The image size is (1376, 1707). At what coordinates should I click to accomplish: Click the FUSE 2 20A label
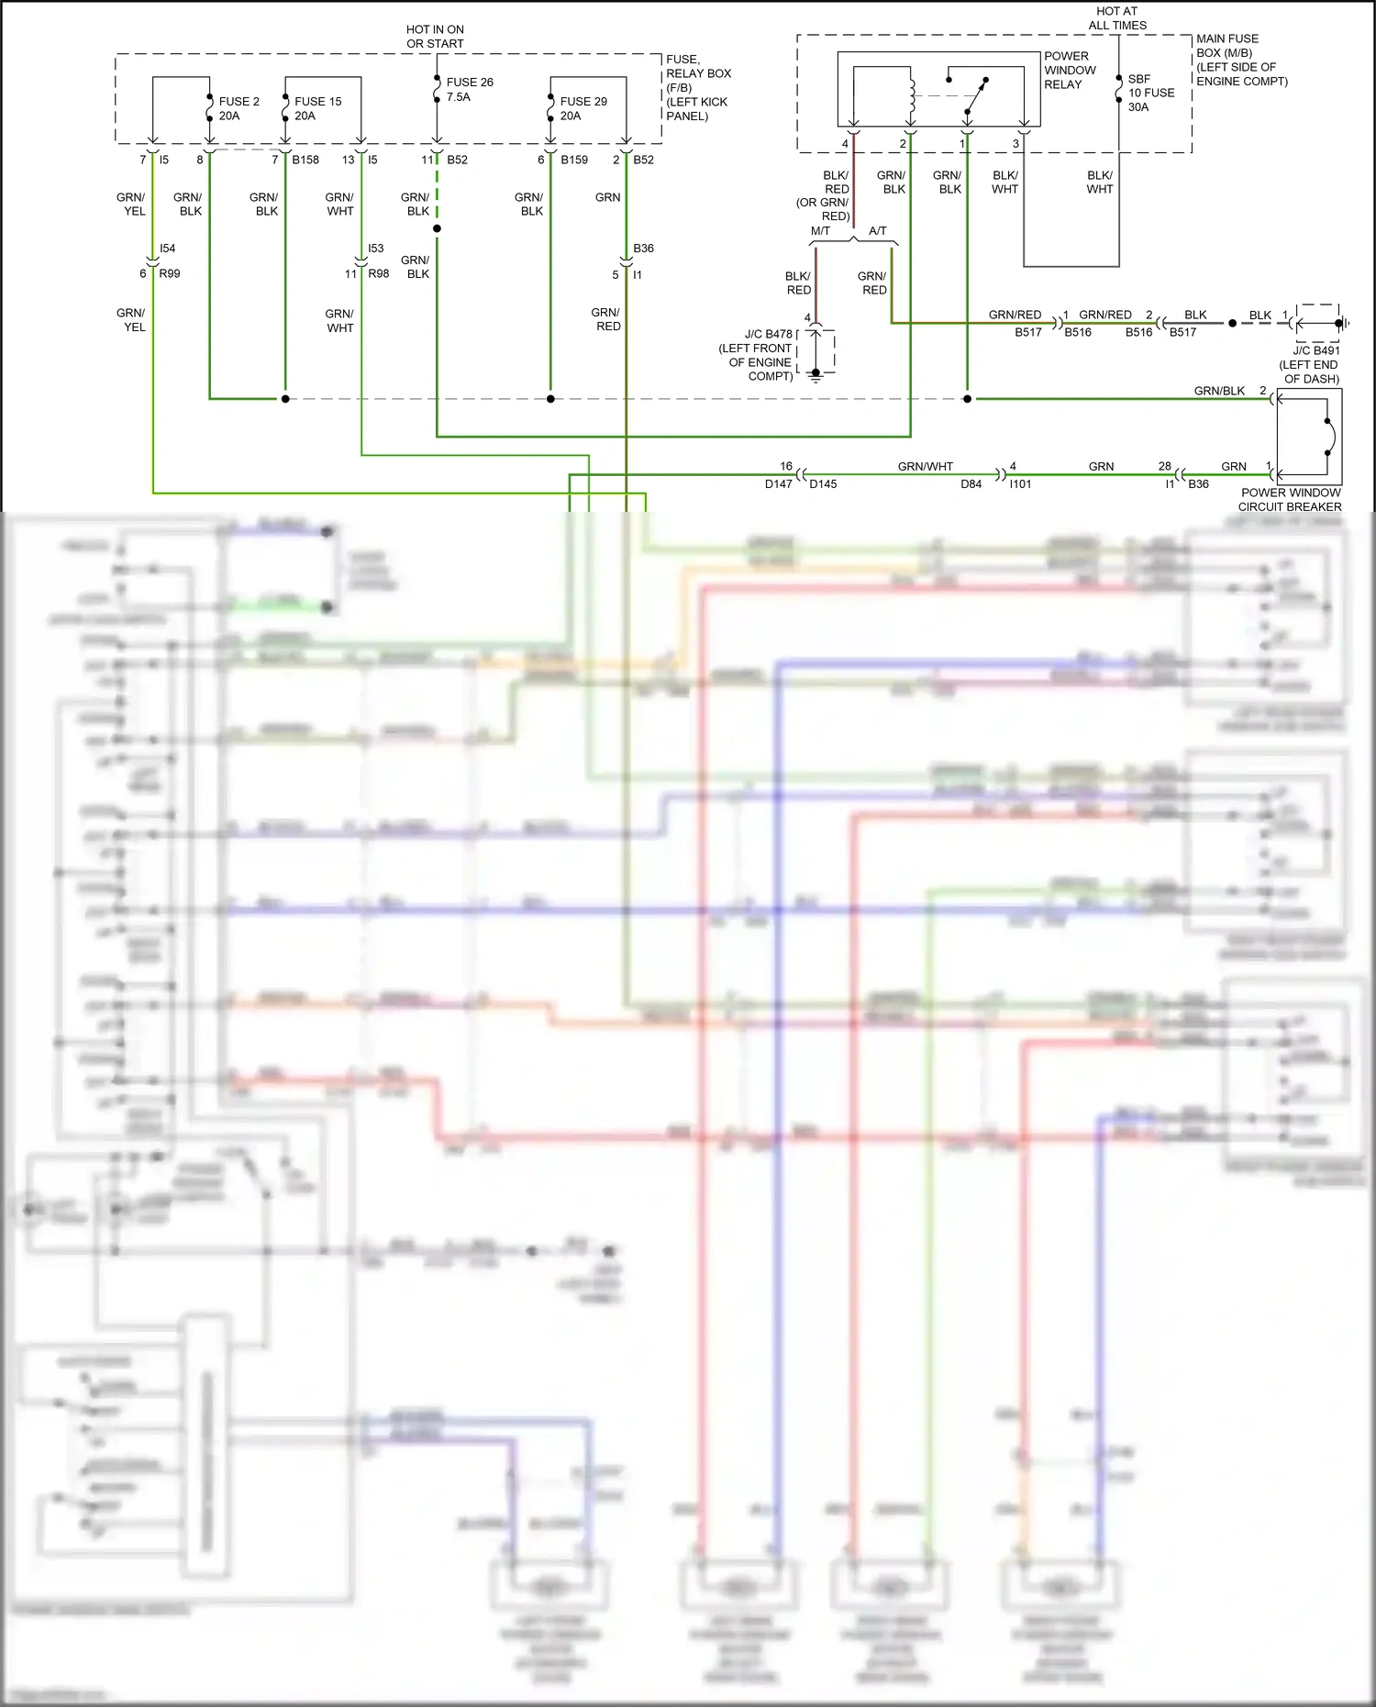[239, 108]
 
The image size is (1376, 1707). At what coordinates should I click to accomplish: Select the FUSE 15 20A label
[317, 108]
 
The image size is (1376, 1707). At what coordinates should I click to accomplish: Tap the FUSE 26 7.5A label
[469, 89]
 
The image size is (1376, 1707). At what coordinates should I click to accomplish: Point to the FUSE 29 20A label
[583, 108]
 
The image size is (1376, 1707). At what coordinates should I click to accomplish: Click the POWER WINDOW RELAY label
[1069, 70]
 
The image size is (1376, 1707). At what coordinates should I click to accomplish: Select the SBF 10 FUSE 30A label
[1150, 93]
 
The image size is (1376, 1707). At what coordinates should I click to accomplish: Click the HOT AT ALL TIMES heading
[1116, 18]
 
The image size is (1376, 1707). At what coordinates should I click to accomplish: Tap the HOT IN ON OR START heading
[435, 37]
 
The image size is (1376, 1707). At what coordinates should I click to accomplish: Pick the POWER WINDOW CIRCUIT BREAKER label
[1290, 499]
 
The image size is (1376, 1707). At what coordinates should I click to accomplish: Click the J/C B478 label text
[768, 334]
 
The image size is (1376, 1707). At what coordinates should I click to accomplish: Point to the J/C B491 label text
[1315, 350]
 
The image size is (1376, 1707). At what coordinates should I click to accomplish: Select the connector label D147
[778, 484]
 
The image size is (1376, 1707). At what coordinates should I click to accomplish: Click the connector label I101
[1020, 484]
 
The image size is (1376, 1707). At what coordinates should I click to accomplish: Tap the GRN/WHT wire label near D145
[925, 467]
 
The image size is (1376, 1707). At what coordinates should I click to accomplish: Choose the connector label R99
[170, 273]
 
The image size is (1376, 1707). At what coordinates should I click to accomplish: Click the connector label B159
[574, 160]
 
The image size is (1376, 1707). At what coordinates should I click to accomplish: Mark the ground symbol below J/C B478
[816, 375]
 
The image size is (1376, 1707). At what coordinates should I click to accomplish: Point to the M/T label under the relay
[820, 231]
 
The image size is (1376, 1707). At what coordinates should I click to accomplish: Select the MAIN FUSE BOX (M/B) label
[1241, 60]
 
